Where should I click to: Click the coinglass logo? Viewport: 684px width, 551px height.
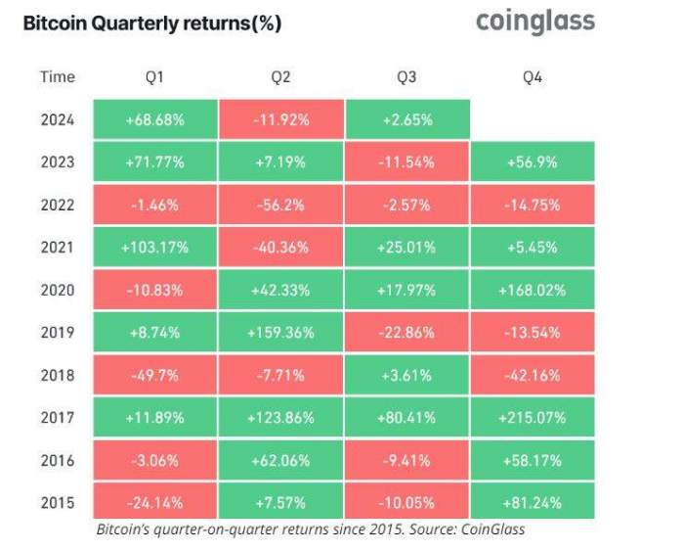pos(534,22)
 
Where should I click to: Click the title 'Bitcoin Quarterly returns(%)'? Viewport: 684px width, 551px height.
pos(152,23)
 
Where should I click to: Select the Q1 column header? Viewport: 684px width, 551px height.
pos(155,76)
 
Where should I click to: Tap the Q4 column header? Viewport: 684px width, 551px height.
pos(533,76)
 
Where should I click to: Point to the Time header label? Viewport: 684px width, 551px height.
pos(57,76)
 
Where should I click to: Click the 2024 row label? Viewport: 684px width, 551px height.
pos(57,119)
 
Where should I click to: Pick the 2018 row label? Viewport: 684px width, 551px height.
pos(57,375)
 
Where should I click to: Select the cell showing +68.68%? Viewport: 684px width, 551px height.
pos(155,119)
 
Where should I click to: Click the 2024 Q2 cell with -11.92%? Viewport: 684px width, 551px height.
pos(281,119)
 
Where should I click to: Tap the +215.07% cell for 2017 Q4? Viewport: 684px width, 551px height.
pos(533,418)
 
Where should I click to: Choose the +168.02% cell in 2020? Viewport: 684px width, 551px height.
pos(533,290)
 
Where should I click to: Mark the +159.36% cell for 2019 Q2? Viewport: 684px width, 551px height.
pos(281,333)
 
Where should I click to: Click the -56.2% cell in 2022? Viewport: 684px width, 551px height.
pos(281,205)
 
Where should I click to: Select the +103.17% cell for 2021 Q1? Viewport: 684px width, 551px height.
pos(155,248)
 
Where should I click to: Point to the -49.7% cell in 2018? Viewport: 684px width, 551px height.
pos(155,375)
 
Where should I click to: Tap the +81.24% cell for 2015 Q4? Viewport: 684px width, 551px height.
pos(533,502)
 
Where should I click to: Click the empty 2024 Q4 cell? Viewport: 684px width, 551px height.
pos(533,119)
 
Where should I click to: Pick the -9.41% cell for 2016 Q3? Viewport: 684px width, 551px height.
pos(407,460)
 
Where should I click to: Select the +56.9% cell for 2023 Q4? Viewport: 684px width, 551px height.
pos(533,162)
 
